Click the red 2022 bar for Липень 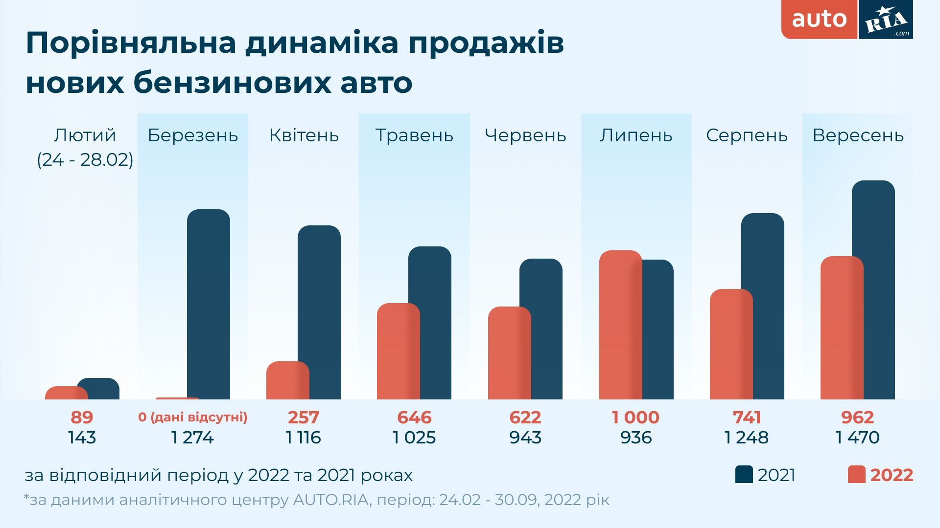click(620, 325)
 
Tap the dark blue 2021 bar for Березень click(209, 304)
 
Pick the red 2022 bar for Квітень click(287, 380)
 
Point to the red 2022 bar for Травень click(398, 351)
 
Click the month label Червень click(525, 135)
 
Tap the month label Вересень click(858, 135)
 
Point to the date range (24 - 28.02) click(85, 160)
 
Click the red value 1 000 click(635, 418)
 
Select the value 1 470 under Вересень click(857, 438)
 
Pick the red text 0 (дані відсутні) click(192, 418)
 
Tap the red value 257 click(303, 418)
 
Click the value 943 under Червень click(525, 438)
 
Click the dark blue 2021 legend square click(744, 475)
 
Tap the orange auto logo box click(819, 20)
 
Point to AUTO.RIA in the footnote click(330, 500)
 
